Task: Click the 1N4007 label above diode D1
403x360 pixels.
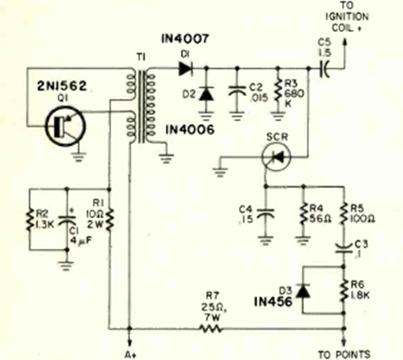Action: pos(183,40)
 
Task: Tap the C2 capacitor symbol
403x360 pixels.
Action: pos(236,94)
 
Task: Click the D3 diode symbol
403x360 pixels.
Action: pos(303,289)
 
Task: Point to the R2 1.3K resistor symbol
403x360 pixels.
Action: pos(31,219)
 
